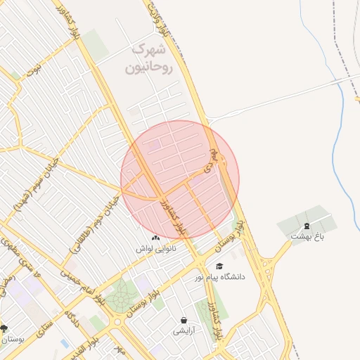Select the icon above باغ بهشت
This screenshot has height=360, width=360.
click(307, 226)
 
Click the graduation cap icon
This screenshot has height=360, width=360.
click(219, 266)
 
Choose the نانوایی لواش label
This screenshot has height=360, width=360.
click(155, 249)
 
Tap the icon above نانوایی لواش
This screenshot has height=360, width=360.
click(155, 239)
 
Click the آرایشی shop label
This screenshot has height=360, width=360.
click(184, 330)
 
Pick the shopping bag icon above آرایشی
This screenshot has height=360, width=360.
click(184, 320)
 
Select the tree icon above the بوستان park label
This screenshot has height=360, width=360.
click(4, 328)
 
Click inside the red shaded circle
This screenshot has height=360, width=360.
click(179, 179)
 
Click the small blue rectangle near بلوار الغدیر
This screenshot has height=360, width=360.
click(65, 344)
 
